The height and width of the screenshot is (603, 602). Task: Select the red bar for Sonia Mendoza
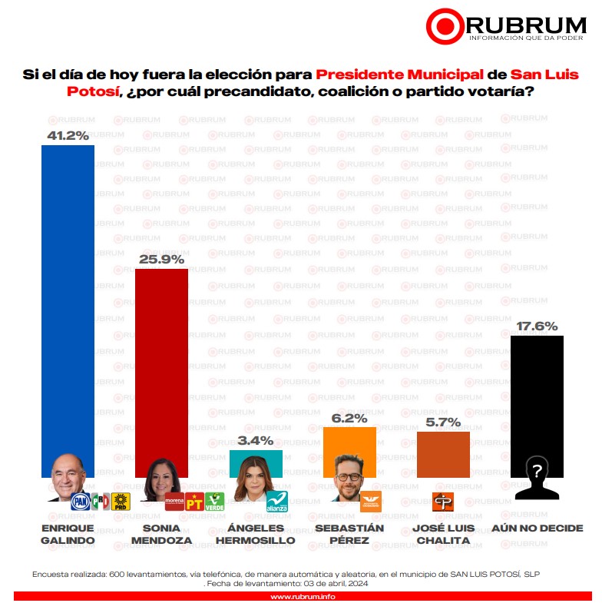tap(161, 361)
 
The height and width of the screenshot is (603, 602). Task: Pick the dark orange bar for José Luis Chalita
tap(443, 453)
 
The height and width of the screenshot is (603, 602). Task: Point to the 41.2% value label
tap(68, 136)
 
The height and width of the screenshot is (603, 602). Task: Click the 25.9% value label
tap(161, 260)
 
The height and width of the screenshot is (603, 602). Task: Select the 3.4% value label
tap(256, 440)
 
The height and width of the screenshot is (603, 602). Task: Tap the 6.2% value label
tap(349, 418)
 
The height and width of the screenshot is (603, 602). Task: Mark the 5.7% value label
tap(443, 422)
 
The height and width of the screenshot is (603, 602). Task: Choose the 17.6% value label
tap(537, 326)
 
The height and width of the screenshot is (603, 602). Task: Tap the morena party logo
tap(175, 502)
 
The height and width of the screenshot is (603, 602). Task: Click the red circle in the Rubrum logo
tap(445, 27)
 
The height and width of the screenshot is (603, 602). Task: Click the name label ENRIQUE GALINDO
tap(68, 534)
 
